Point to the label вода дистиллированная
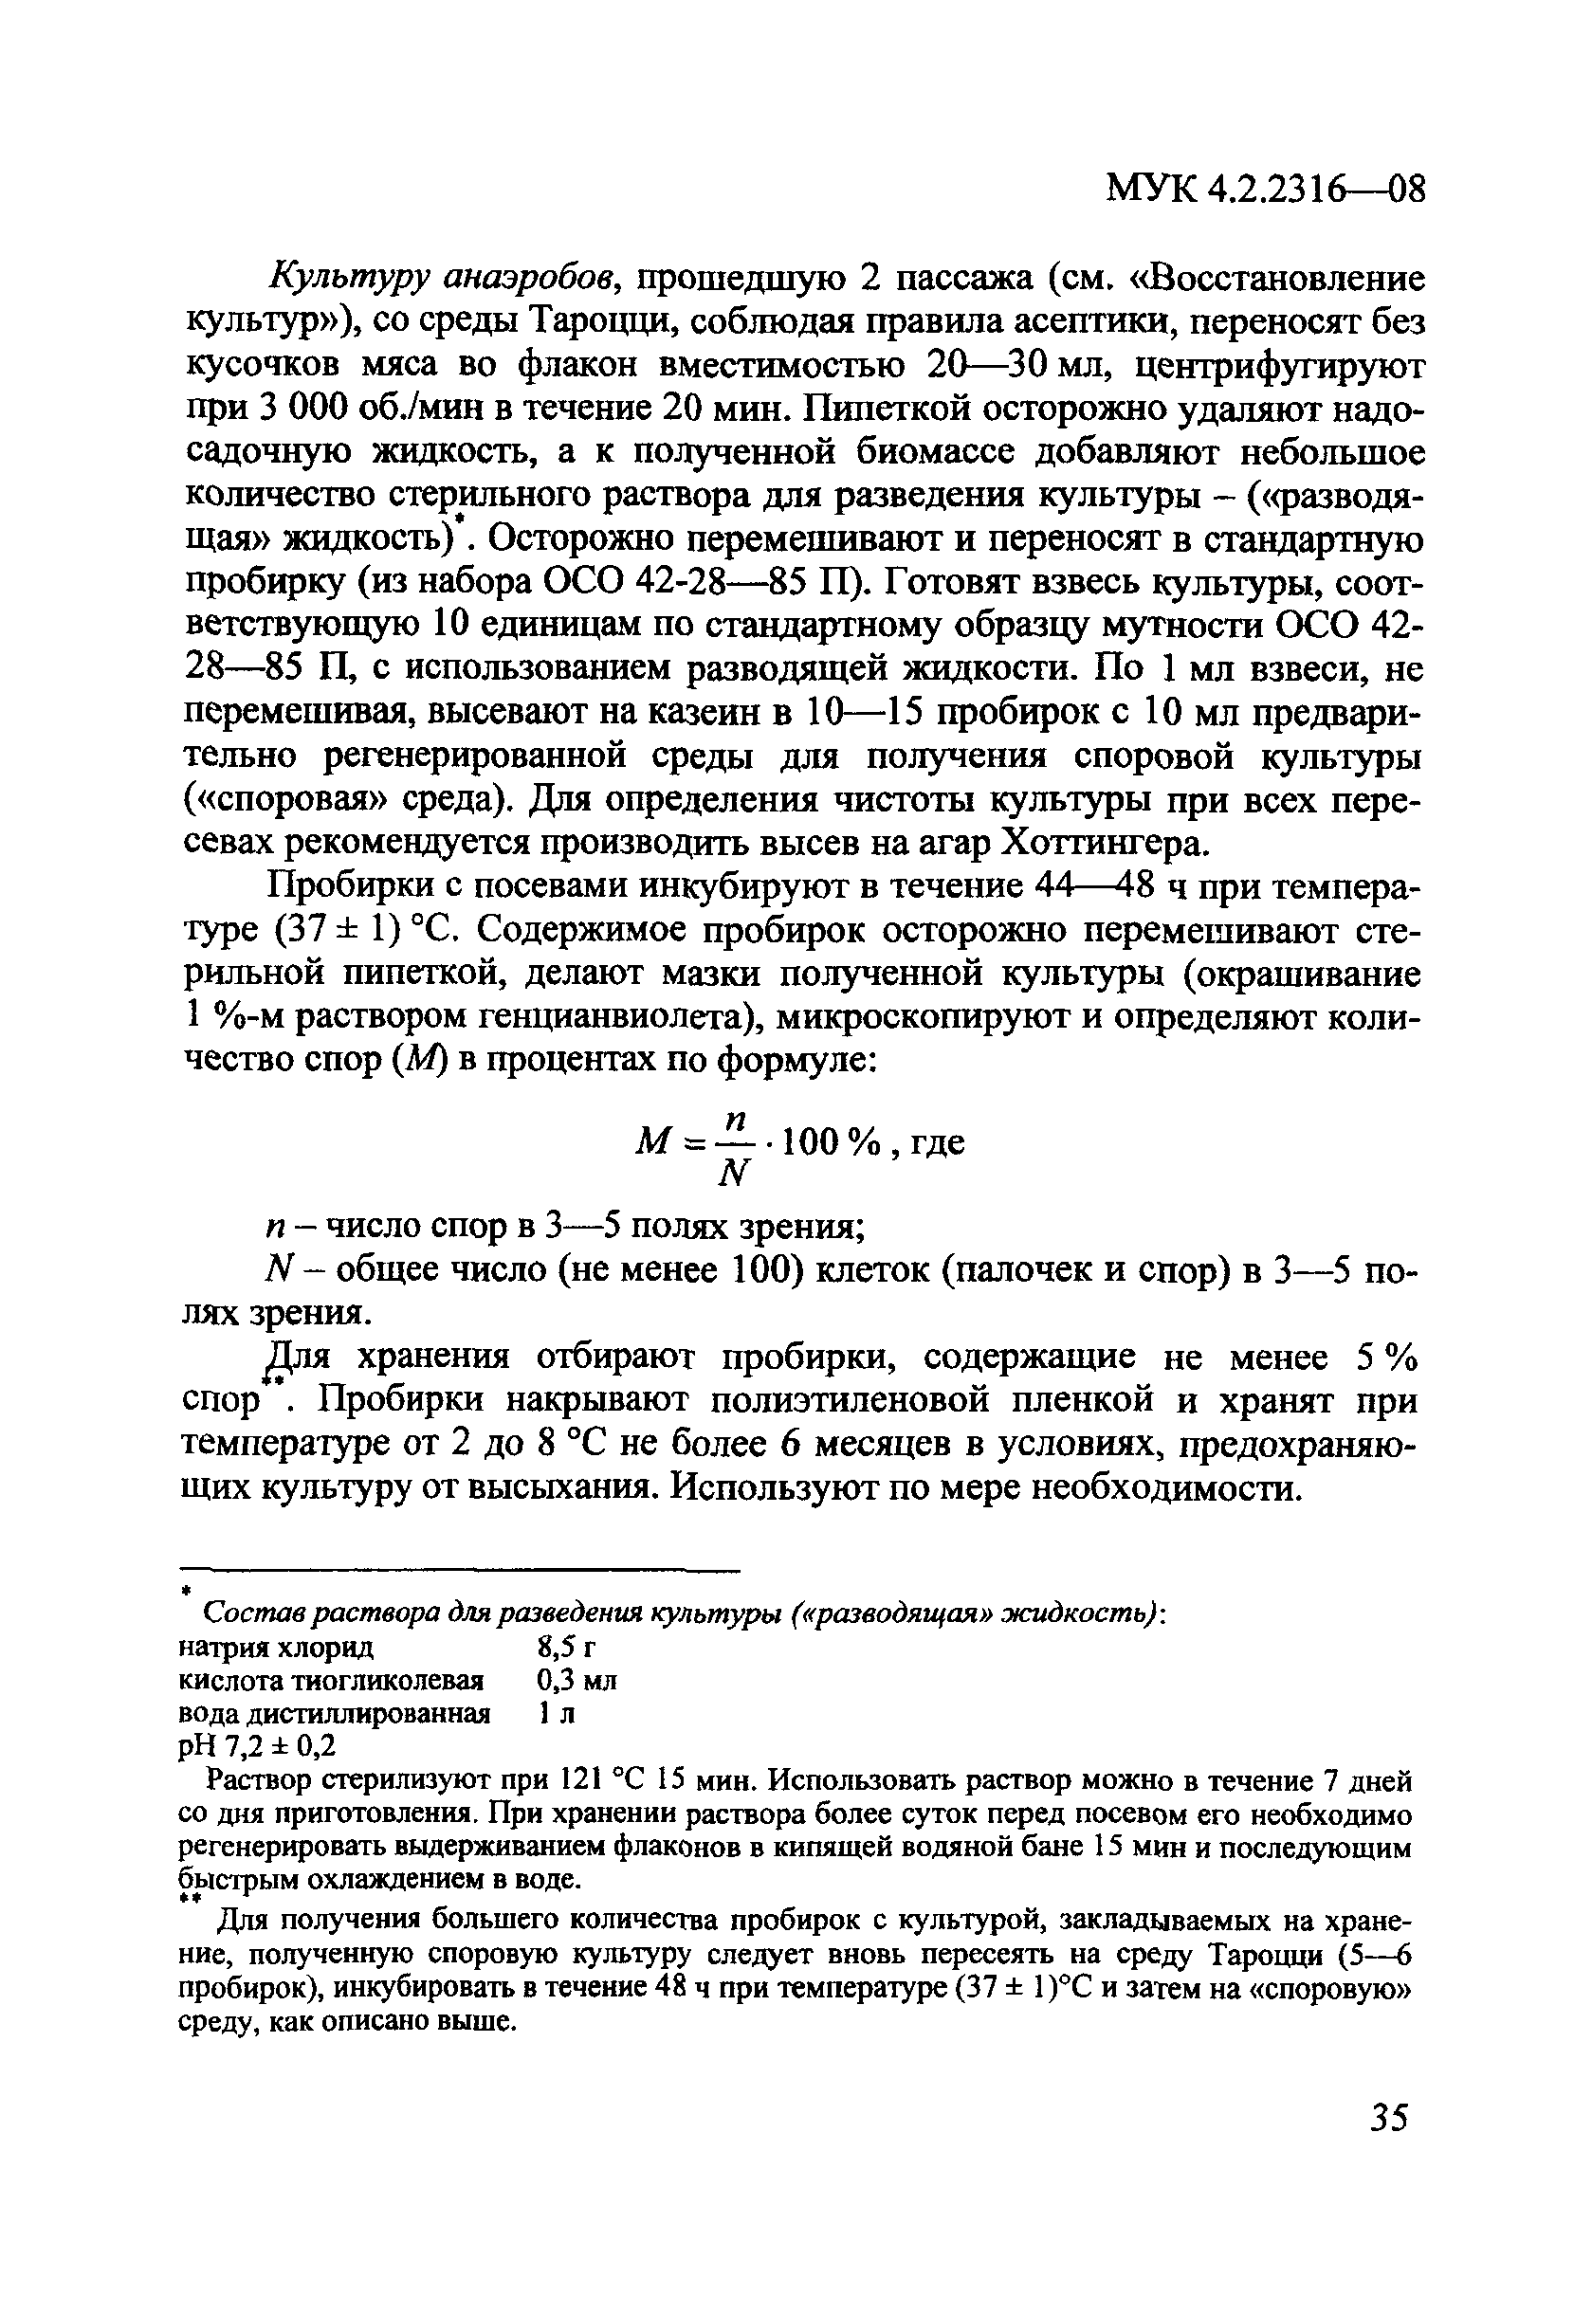point(334,1714)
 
